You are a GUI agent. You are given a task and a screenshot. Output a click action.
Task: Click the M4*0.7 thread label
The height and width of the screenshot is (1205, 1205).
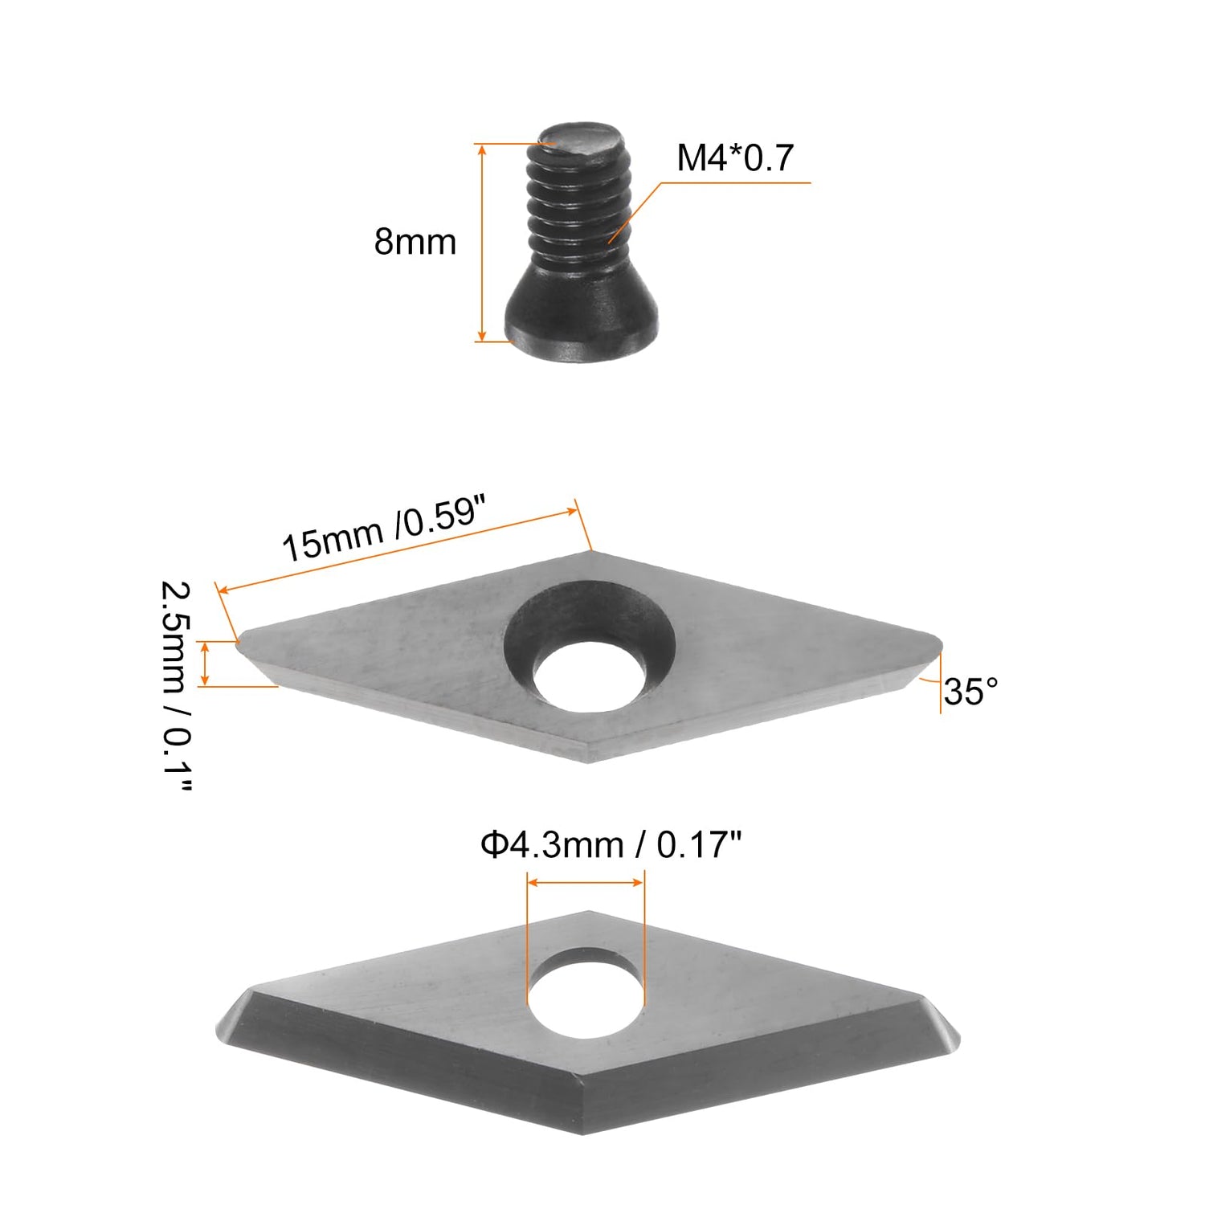[x=734, y=157]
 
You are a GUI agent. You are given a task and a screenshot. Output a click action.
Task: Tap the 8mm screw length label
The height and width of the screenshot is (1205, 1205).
[x=415, y=242]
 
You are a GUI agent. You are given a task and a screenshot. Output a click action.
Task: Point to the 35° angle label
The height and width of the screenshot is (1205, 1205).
[x=970, y=692]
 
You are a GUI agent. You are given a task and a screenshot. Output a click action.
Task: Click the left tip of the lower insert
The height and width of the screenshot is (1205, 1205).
[x=220, y=1028]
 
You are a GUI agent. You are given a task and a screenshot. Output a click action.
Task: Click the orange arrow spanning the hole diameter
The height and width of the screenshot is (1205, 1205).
[x=585, y=882]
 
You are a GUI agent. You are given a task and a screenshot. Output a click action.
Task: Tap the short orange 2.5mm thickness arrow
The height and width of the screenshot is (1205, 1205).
[x=206, y=664]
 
